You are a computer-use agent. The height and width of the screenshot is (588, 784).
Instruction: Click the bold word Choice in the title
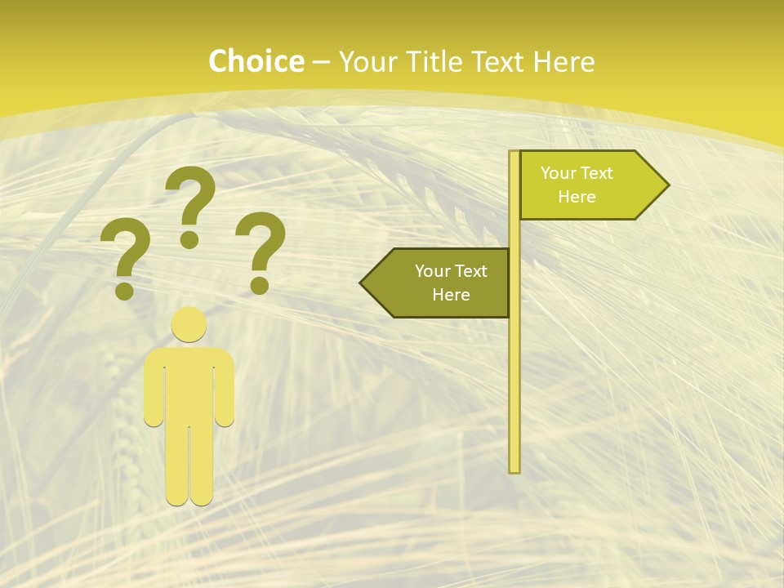pos(256,61)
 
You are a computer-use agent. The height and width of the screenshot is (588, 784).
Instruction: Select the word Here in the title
pos(563,61)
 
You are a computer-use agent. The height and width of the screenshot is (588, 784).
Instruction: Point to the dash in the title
pos(321,62)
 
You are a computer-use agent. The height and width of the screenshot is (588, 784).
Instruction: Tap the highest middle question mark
pos(190,204)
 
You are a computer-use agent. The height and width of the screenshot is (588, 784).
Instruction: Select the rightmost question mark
pos(261,250)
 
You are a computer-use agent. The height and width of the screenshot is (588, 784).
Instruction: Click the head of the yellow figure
pos(189,324)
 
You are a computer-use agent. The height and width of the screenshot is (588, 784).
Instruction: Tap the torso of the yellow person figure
pos(189,384)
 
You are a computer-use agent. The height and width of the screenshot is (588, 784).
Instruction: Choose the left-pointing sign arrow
pos(441,283)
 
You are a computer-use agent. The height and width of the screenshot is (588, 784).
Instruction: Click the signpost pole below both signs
pos(514,392)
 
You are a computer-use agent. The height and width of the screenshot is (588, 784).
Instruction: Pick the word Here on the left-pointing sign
pos(451,295)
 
